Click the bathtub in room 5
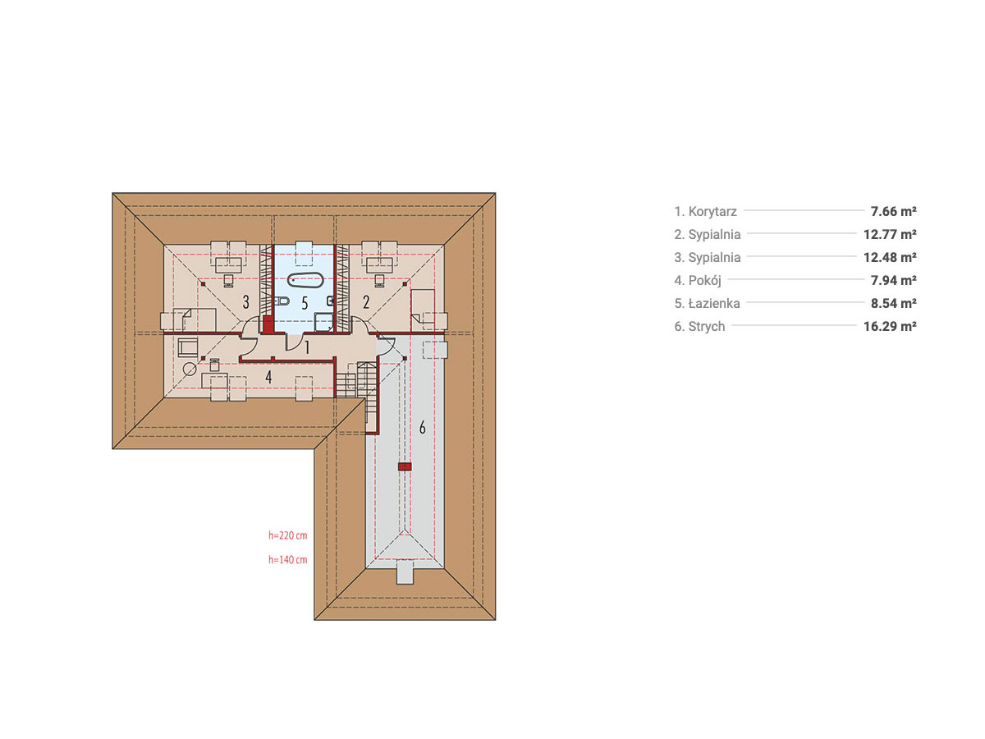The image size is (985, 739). click(x=305, y=280)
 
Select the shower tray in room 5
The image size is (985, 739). click(x=323, y=322)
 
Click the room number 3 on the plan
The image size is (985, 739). click(x=246, y=302)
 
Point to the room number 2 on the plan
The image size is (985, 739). click(x=366, y=302)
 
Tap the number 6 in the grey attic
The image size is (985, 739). click(x=422, y=428)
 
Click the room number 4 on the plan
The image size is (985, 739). click(x=268, y=377)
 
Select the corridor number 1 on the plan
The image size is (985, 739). click(x=307, y=347)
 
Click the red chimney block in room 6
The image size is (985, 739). click(x=405, y=466)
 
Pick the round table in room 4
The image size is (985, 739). click(x=190, y=369)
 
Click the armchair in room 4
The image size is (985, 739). click(x=188, y=347)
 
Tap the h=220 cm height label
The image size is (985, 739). click(x=287, y=535)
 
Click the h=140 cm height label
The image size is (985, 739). click(x=287, y=559)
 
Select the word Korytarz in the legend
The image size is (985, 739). click(x=712, y=211)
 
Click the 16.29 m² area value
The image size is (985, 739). click(x=890, y=326)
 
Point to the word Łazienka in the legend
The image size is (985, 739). click(x=714, y=303)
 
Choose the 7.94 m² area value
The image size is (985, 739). click(x=893, y=281)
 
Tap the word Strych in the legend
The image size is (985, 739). click(x=707, y=326)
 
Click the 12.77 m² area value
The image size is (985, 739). click(x=890, y=234)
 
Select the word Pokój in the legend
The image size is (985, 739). click(x=704, y=281)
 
